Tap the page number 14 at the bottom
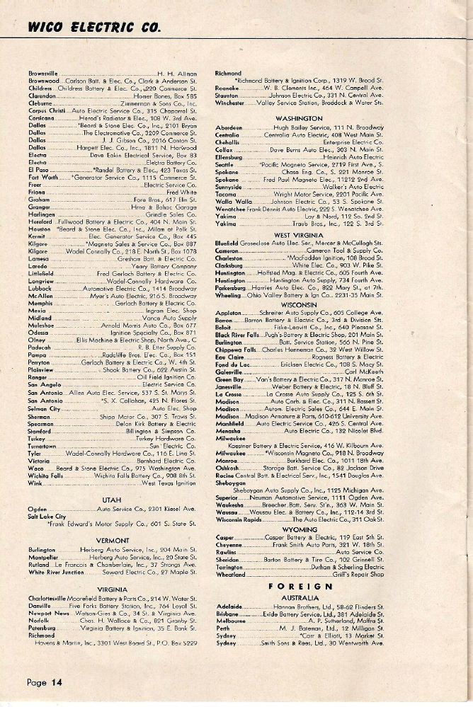pyautogui.click(x=45, y=682)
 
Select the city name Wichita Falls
pyautogui.click(x=49, y=456)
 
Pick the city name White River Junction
pyautogui.click(x=58, y=571)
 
